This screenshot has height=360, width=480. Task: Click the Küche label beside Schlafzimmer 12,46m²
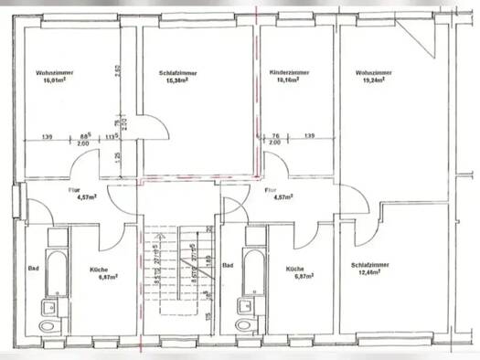click(294, 271)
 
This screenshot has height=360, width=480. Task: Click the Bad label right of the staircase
click(229, 267)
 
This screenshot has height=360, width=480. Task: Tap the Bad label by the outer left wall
click(33, 268)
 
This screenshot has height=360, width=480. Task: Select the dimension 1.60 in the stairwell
click(209, 265)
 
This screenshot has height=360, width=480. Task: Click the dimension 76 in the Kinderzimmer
click(275, 136)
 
